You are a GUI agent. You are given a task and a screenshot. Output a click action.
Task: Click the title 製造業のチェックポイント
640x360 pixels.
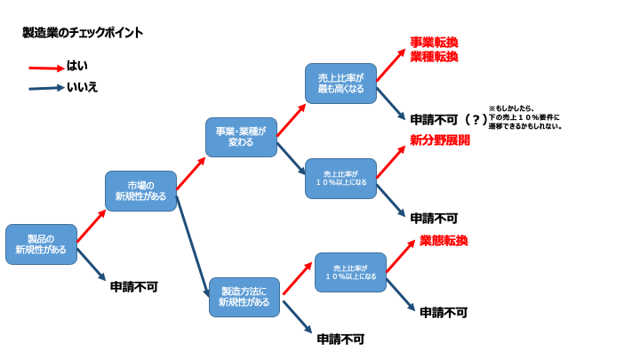point(83,33)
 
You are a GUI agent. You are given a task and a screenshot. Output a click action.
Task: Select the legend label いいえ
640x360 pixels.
point(83,87)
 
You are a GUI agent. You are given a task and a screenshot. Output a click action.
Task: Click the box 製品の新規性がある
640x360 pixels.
point(41,244)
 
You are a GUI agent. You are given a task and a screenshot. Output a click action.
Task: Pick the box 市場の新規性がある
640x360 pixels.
point(140,190)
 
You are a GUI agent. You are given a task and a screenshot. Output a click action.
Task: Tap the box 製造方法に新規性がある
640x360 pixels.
point(244,297)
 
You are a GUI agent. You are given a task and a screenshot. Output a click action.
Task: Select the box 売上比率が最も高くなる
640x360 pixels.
point(340,83)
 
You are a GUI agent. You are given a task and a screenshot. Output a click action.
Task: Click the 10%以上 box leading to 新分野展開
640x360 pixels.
point(340,179)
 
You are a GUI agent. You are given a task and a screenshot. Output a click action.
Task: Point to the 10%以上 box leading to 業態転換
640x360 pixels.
point(350,272)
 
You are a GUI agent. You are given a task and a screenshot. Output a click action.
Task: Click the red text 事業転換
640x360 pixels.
point(434,43)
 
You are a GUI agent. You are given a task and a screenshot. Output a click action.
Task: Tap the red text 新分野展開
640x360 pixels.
point(439,140)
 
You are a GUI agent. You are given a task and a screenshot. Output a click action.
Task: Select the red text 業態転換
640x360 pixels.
point(444,241)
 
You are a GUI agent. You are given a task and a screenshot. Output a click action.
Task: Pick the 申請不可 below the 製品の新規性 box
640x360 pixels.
point(133,287)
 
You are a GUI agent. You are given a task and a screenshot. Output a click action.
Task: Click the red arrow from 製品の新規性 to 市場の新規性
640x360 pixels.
point(91,227)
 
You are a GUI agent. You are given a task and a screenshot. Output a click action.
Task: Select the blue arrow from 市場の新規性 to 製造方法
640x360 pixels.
point(192,245)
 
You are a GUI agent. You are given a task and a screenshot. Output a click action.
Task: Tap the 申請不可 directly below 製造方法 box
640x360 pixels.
point(340,339)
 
